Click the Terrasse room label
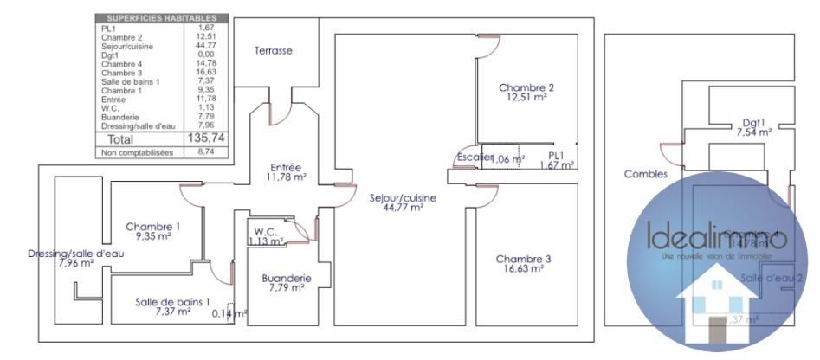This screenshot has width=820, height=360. pos(273,51)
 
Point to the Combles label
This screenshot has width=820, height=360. pos(646,174)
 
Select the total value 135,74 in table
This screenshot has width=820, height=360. pos(207,138)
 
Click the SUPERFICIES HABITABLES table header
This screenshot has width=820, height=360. pos(161,18)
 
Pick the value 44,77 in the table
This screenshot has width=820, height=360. pos(205,45)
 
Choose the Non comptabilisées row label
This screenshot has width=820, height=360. pos(138,153)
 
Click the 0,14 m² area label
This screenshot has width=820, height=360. pos(229,313)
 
